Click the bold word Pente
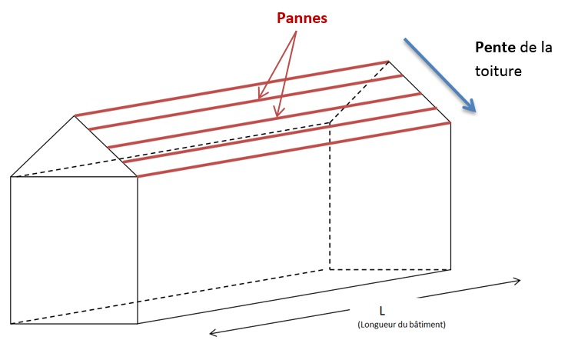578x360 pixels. (495, 48)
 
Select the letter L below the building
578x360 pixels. (381, 311)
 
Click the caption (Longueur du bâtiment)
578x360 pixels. (401, 325)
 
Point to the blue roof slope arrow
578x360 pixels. (439, 73)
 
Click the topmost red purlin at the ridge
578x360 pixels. (231, 88)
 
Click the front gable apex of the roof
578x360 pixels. (75, 116)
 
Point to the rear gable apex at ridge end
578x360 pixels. (388, 62)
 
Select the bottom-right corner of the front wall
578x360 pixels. (138, 324)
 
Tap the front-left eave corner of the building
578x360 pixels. (12, 177)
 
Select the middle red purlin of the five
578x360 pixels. (261, 119)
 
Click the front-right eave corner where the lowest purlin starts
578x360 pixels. (138, 177)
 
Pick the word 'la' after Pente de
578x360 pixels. (546, 48)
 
